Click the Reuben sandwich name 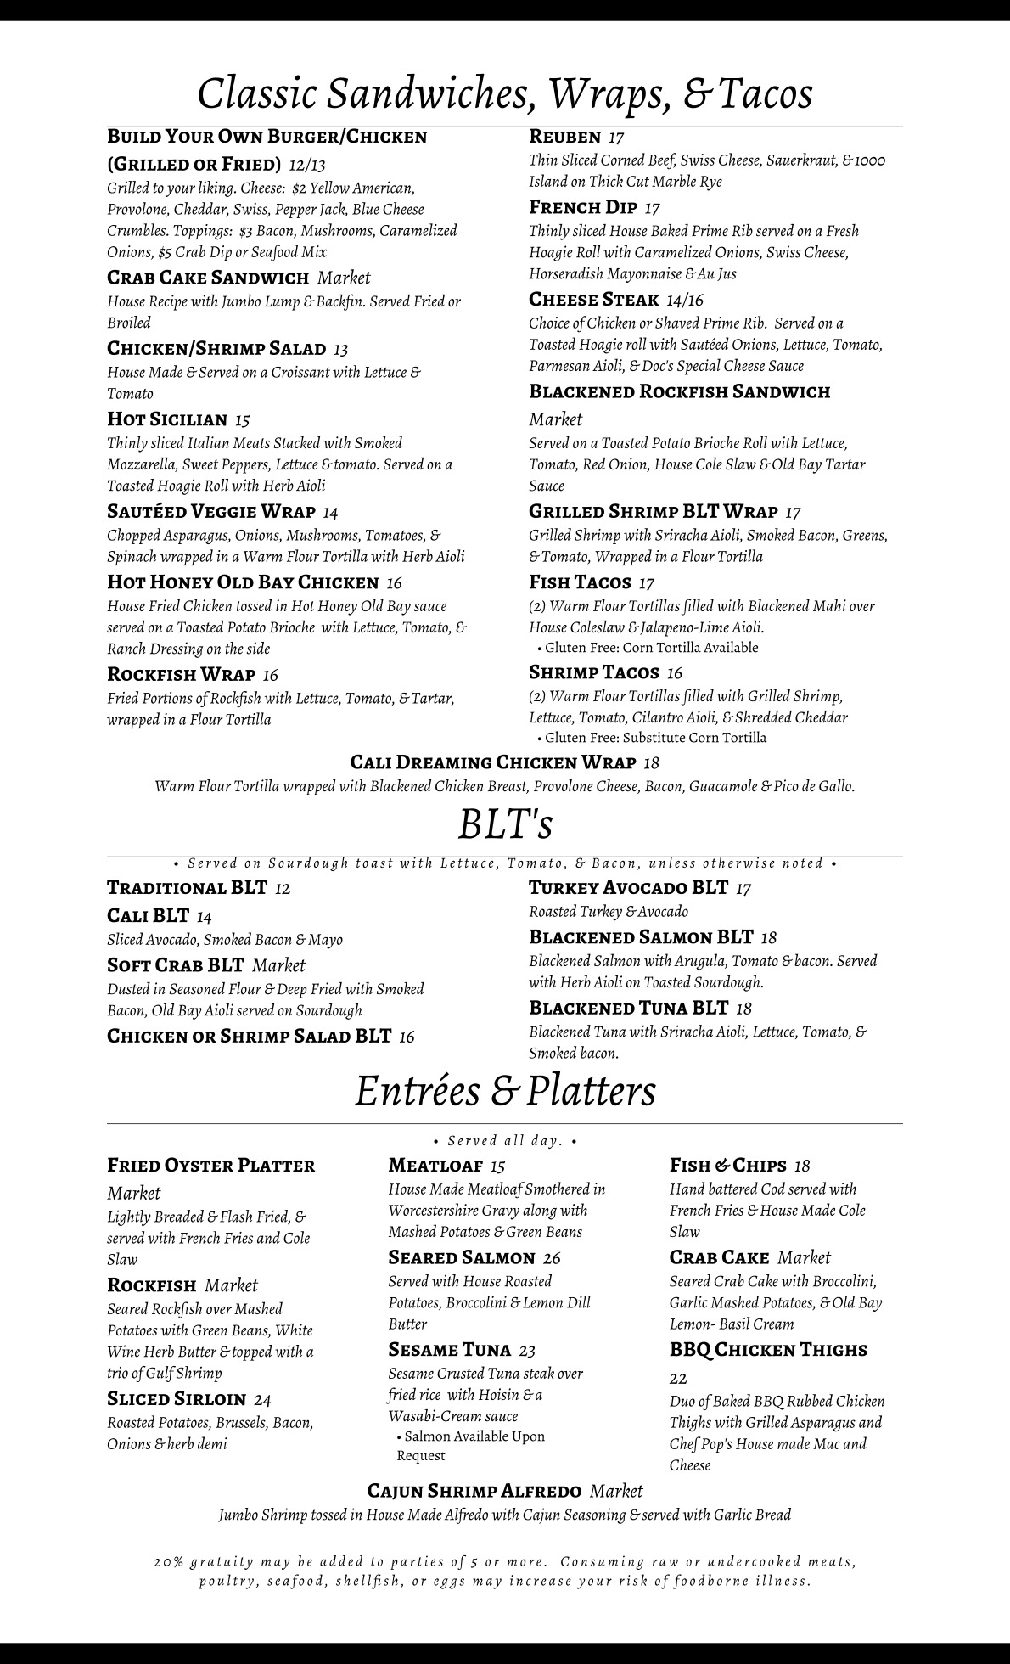(x=565, y=137)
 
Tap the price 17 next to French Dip (x=652, y=208)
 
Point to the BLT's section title (x=506, y=824)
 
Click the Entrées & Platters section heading (x=505, y=1091)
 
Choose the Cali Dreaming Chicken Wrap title (x=493, y=762)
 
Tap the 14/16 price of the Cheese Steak (x=685, y=300)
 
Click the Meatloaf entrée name (x=435, y=1166)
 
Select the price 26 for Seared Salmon (x=552, y=1258)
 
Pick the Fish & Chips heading (x=728, y=1166)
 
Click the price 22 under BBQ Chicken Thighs (x=678, y=1378)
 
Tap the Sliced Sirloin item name (x=177, y=1399)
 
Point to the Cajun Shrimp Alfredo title (x=474, y=1491)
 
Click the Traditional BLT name (x=188, y=888)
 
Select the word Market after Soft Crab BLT (x=278, y=965)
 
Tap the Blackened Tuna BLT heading (x=628, y=1008)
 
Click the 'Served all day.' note (x=505, y=1141)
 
